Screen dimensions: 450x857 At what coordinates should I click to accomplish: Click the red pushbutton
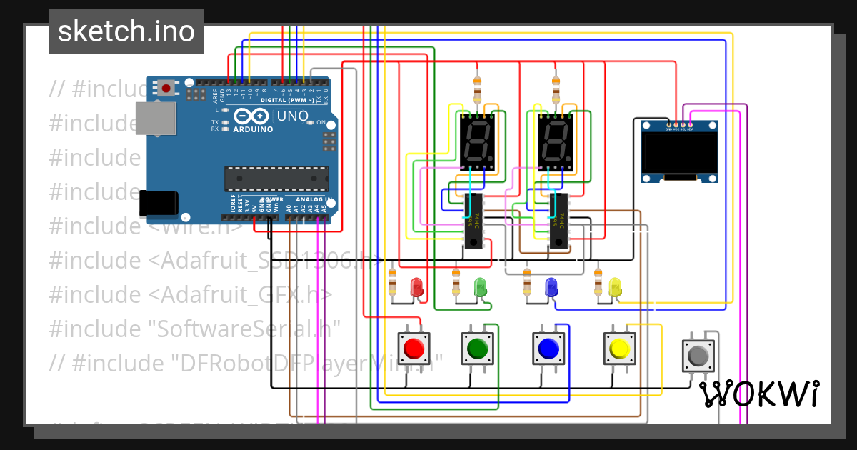click(413, 349)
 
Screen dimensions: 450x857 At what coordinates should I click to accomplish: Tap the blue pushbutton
click(548, 349)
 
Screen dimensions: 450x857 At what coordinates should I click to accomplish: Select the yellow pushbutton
click(618, 349)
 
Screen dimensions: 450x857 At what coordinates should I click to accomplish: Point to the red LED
click(416, 288)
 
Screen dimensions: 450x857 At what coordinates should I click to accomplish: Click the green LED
click(481, 288)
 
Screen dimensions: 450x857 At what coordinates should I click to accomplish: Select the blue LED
click(551, 288)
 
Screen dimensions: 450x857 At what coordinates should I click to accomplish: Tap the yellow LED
click(615, 288)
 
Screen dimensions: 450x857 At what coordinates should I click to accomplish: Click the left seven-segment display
click(476, 141)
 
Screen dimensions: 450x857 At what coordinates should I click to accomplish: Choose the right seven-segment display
click(555, 141)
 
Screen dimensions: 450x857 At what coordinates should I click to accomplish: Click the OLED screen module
click(679, 151)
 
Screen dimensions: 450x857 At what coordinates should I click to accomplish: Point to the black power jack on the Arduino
click(158, 203)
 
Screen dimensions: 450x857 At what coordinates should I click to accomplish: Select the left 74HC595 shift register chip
click(473, 221)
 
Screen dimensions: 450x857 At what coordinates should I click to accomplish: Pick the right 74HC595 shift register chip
click(558, 221)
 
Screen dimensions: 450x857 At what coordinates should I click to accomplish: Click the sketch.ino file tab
click(126, 31)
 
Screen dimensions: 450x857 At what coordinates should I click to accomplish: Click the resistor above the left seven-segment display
click(478, 91)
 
